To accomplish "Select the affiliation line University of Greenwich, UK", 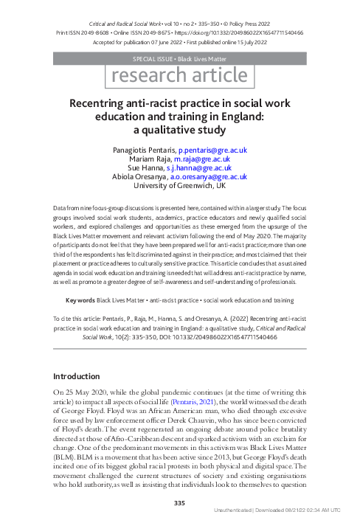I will tap(179, 185).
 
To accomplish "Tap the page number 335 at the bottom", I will tap(179, 502).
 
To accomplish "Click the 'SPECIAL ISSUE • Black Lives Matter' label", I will tap(179, 57).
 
